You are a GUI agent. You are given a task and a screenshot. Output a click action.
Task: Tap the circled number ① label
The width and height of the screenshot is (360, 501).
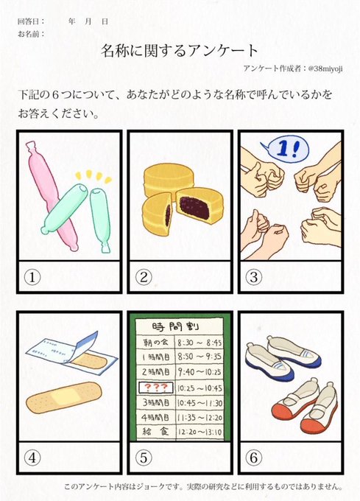[x=32, y=277]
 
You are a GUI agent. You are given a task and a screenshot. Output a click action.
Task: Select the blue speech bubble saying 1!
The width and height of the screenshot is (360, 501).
[x=286, y=150]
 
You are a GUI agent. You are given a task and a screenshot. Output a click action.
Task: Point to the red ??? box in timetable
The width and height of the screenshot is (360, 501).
[x=156, y=388]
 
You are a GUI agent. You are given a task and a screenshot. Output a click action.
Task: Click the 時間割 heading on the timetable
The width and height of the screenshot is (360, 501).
[x=175, y=326]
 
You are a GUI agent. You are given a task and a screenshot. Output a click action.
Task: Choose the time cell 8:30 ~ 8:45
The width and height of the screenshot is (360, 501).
[x=200, y=343]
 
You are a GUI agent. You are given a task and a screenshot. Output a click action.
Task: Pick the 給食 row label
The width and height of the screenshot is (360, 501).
[x=155, y=432]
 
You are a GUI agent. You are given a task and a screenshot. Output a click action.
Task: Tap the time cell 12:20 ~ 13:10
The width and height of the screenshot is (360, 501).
[x=200, y=432]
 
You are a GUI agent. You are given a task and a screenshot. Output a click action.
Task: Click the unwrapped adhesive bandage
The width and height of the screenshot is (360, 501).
[x=64, y=397]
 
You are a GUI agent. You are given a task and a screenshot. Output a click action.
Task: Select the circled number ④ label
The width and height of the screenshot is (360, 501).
[x=32, y=458]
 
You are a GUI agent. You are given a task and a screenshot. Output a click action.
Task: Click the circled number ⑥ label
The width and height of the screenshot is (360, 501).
[x=254, y=458]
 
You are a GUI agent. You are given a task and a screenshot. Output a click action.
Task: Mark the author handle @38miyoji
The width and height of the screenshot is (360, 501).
[x=325, y=69]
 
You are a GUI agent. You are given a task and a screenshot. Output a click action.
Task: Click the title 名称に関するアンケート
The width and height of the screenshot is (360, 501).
[x=180, y=51]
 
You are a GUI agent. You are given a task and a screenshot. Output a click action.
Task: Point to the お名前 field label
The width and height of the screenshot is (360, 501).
[x=29, y=34]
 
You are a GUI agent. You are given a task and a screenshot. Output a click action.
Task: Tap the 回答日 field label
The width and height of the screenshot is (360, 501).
[x=29, y=21]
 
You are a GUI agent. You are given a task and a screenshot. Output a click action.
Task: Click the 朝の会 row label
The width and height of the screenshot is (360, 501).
[x=155, y=343]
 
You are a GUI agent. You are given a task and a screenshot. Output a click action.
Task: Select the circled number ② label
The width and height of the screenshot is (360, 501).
[x=144, y=277]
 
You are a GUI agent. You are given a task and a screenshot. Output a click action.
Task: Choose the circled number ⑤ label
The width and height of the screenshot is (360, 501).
[x=144, y=458]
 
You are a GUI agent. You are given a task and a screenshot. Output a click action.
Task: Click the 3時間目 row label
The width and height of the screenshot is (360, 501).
[x=156, y=402]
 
